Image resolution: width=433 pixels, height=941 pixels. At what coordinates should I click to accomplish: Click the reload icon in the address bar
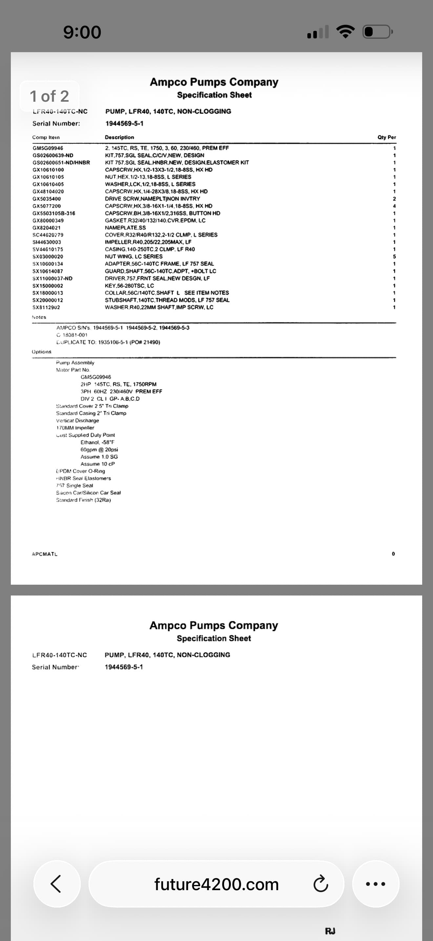click(x=320, y=884)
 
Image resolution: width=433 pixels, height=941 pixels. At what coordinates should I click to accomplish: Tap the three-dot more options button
click(x=375, y=884)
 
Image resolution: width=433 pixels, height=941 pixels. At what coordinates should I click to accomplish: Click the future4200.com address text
click(x=216, y=884)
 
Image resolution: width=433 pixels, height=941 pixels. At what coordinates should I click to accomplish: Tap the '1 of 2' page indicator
click(x=49, y=96)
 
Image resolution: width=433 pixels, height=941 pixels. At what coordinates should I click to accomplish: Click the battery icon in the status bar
click(x=377, y=32)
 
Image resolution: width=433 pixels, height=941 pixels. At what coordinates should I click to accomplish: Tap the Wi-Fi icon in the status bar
click(x=345, y=32)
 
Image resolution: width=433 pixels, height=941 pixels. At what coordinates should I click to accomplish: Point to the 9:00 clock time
click(x=82, y=32)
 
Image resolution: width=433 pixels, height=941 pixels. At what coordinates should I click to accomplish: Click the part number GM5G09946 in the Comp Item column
click(x=48, y=148)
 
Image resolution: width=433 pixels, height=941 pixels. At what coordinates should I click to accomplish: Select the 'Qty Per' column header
click(x=387, y=137)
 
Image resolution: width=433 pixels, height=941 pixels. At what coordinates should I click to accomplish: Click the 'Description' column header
click(x=119, y=137)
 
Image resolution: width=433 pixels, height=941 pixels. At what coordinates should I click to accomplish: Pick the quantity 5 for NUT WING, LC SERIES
click(x=394, y=257)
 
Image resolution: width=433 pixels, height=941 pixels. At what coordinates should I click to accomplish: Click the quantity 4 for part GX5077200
click(x=394, y=206)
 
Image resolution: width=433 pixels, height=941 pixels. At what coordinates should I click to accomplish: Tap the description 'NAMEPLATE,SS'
click(x=125, y=228)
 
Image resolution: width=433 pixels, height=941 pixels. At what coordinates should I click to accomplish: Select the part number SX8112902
click(x=46, y=307)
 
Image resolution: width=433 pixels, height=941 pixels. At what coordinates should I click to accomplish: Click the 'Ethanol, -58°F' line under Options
click(x=97, y=442)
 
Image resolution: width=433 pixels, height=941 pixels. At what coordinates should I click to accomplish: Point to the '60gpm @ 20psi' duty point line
click(x=99, y=449)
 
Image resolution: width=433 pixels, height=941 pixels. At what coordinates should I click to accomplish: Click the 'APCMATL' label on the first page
click(x=45, y=554)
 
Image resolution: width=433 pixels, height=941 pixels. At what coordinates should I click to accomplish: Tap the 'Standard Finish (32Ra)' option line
click(x=83, y=500)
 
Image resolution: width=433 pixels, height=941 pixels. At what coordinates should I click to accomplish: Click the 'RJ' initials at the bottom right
click(x=330, y=931)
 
